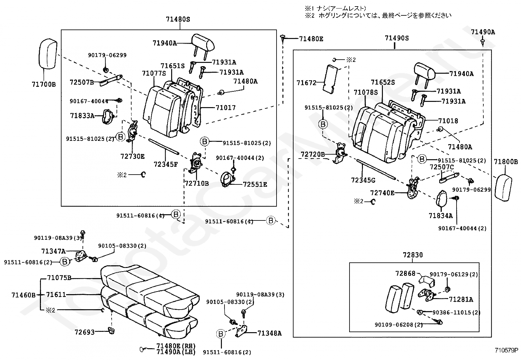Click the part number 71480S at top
coord(178,19)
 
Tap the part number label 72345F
coord(166,164)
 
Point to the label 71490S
coord(397,38)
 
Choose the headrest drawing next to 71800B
coord(506,186)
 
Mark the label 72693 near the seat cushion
coord(84,332)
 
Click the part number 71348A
coord(269,333)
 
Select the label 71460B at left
coord(23,295)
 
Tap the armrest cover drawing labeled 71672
coord(332,78)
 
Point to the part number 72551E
coord(255,184)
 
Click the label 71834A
coord(440,216)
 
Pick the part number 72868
coord(405,274)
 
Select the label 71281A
coord(461,299)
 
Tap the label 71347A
coord(53,251)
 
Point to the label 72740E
coord(382,193)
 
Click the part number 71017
coord(225,107)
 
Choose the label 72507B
coord(81,82)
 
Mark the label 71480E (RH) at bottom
coord(176,346)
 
